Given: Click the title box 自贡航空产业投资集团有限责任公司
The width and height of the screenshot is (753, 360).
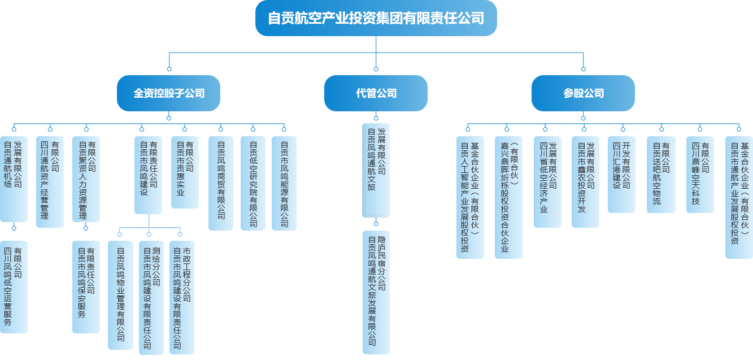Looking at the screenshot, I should (x=376, y=18).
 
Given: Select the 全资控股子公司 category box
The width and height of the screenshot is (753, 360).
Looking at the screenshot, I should (x=169, y=93).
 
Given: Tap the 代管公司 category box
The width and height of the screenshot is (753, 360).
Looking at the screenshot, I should (x=376, y=93).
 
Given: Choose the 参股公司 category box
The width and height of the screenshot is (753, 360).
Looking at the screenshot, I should (x=584, y=93).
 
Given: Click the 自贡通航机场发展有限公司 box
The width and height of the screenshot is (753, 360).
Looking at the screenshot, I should (x=13, y=177).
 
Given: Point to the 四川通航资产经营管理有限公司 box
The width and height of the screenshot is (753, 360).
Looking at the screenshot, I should (x=49, y=181).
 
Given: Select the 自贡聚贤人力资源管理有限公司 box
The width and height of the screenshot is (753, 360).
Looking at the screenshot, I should (x=86, y=179).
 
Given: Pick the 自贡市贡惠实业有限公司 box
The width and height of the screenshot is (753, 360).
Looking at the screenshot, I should (x=184, y=171).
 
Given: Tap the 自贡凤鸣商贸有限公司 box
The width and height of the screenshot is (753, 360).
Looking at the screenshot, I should (x=220, y=183).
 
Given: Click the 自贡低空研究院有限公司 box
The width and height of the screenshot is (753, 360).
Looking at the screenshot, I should (x=253, y=183).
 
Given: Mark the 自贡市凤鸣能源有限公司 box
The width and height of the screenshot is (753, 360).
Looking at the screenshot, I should (x=284, y=183).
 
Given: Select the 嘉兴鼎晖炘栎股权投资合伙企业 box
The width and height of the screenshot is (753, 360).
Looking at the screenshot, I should (x=508, y=197).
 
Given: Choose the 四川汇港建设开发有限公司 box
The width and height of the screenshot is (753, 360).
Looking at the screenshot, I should (x=621, y=174).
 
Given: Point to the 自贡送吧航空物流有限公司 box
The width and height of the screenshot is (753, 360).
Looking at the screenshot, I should (x=660, y=174).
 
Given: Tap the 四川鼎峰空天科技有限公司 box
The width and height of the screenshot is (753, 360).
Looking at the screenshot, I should (x=699, y=174).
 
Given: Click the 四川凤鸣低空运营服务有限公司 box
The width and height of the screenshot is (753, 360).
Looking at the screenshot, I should (x=13, y=287).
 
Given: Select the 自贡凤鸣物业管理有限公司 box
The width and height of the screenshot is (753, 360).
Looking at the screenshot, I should (x=120, y=294).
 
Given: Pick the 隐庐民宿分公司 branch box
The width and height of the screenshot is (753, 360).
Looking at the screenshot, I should (x=376, y=292).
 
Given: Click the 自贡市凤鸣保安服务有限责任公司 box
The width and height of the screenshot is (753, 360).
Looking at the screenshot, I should (x=85, y=287).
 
